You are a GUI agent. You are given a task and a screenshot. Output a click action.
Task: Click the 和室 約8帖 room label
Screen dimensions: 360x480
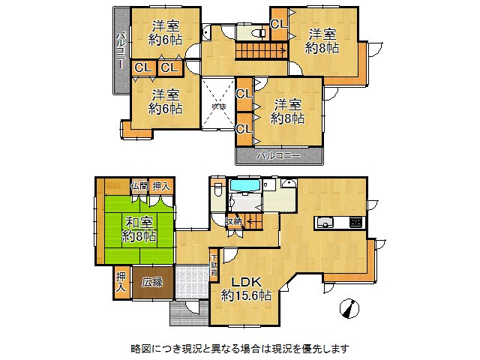(x=140, y=229)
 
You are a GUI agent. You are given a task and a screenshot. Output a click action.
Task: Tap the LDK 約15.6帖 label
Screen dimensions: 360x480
(x=246, y=289)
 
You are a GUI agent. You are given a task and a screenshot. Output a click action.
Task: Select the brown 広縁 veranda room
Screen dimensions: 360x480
(x=155, y=282)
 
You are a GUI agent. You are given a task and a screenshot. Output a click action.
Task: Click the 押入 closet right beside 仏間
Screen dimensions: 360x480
(x=161, y=186)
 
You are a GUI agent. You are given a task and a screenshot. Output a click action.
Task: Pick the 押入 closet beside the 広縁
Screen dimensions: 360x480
(x=121, y=282)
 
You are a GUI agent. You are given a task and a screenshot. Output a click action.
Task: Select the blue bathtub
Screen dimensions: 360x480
(x=244, y=185)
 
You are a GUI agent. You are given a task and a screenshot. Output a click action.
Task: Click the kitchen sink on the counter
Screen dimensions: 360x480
(x=326, y=222)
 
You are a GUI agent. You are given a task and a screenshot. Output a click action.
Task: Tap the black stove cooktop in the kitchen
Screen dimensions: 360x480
(x=354, y=222)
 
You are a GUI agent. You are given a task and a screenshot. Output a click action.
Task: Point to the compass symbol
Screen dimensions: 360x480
(x=348, y=308)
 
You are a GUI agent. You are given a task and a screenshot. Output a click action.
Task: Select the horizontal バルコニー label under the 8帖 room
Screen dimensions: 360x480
(x=279, y=156)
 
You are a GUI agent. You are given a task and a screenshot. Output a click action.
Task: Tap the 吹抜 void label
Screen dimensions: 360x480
(x=218, y=107)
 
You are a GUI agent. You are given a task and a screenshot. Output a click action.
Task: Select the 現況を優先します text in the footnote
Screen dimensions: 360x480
(x=307, y=349)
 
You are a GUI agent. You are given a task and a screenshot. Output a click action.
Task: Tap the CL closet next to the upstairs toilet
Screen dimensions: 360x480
(x=278, y=24)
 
